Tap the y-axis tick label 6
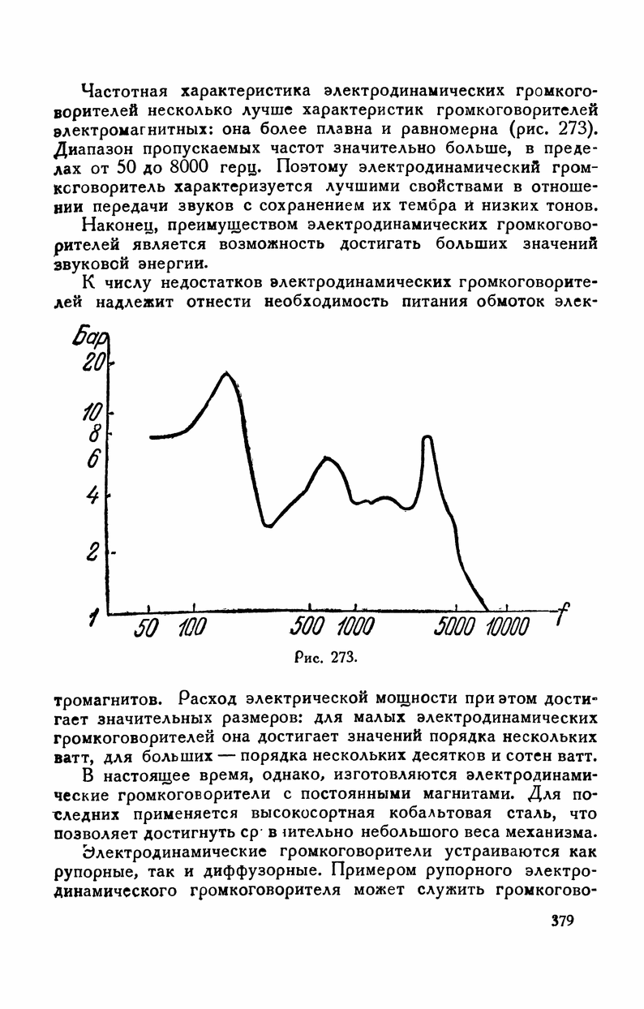[94, 459]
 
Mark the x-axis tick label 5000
[459, 627]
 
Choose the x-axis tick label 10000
[508, 627]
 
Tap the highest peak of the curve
[226, 372]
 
